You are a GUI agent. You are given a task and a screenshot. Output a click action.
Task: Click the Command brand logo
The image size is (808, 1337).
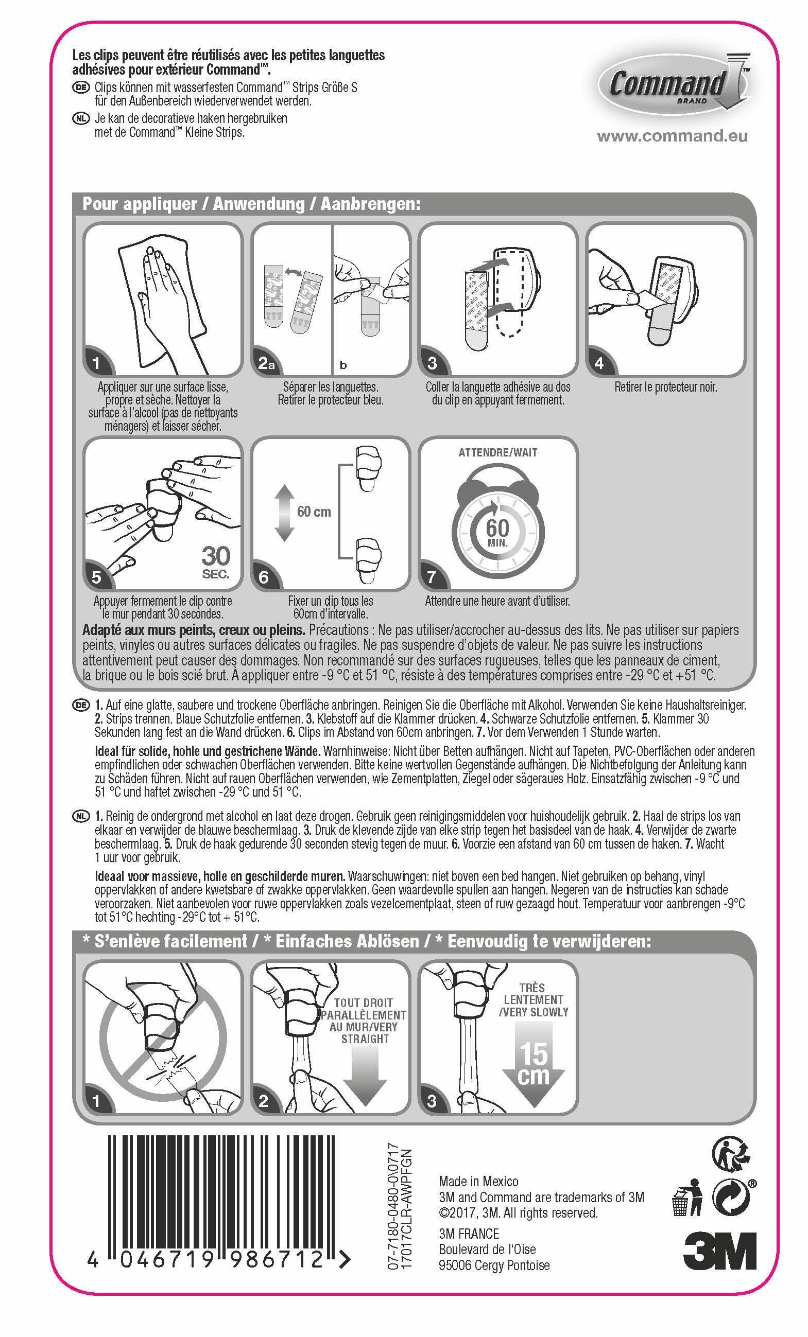coord(674,83)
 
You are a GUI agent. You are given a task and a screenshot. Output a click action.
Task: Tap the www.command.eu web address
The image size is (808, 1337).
coord(672,136)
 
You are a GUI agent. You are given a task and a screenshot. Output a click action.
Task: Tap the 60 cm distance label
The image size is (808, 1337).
coord(314,511)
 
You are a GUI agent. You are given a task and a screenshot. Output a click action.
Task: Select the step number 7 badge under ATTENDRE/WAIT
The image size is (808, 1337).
coord(432,576)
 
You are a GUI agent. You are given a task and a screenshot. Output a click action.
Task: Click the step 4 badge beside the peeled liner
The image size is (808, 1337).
coord(599,363)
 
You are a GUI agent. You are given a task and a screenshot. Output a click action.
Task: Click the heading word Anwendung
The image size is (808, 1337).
coord(259,204)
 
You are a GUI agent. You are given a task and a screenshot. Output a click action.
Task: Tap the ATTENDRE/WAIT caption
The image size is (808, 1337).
coord(498,452)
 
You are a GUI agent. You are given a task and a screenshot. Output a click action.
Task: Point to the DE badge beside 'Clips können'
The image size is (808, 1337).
coord(80,87)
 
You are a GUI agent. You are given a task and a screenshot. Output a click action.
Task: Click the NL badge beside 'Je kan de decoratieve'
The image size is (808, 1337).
coord(80,118)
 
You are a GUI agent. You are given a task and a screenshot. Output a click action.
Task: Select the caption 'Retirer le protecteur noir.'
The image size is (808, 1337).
coord(666,388)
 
